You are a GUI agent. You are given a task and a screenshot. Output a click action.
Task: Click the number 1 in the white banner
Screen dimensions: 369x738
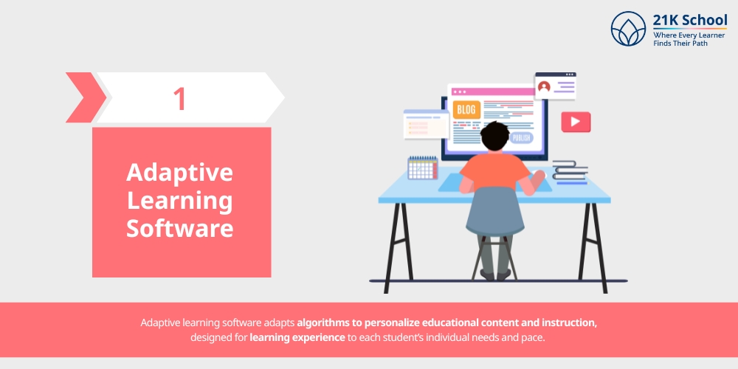click(179, 98)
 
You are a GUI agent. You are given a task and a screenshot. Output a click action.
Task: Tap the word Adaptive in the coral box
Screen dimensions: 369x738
click(179, 173)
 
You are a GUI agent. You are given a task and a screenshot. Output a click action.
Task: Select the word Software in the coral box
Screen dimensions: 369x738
click(179, 228)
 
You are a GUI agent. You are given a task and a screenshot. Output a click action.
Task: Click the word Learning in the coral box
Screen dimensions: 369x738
click(179, 200)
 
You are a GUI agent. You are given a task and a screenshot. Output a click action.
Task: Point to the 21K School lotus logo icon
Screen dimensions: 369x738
click(628, 29)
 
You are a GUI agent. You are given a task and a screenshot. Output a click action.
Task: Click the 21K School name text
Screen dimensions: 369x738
click(690, 20)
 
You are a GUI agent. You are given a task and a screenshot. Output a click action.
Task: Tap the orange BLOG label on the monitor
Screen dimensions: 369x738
click(466, 110)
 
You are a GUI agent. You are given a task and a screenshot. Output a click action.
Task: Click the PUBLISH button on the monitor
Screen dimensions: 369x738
click(520, 137)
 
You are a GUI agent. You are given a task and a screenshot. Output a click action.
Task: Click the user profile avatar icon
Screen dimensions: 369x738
click(545, 87)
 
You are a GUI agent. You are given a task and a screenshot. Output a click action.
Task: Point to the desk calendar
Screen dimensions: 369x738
click(422, 168)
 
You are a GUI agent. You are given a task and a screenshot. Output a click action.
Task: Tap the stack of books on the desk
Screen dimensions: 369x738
click(570, 171)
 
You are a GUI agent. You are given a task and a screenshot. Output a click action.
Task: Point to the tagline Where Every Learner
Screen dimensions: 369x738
click(689, 35)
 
